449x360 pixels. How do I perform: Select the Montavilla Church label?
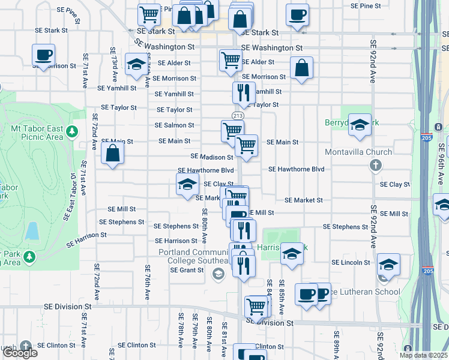click(358, 152)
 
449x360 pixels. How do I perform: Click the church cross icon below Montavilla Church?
click(375, 165)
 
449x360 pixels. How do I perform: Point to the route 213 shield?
click(238, 115)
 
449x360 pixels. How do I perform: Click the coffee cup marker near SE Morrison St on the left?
click(44, 55)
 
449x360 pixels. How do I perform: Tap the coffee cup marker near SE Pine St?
click(297, 14)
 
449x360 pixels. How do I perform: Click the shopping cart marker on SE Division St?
click(256, 306)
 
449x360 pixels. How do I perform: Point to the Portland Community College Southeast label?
click(194, 257)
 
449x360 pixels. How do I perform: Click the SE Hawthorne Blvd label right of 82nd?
click(296, 170)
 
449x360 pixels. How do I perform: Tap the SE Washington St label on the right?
click(271, 47)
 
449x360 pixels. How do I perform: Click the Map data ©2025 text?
click(423, 355)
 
